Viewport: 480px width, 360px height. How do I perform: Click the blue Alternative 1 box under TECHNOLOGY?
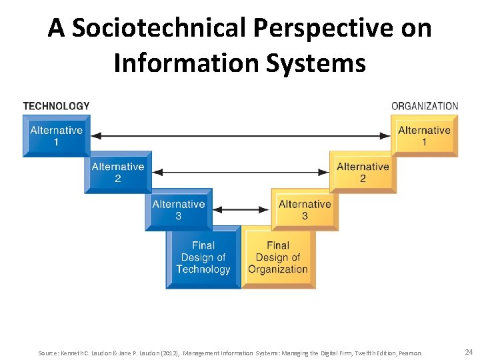click(x=56, y=136)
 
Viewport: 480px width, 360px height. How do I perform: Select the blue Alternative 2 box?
click(x=117, y=172)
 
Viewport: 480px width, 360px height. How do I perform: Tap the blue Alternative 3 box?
click(x=178, y=210)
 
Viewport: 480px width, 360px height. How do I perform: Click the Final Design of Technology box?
click(x=203, y=257)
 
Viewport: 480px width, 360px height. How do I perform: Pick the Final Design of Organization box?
click(x=278, y=257)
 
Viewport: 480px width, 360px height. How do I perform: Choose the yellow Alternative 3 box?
click(x=305, y=210)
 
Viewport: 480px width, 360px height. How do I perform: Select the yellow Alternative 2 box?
click(x=363, y=172)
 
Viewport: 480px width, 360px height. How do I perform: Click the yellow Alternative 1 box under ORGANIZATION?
click(x=424, y=136)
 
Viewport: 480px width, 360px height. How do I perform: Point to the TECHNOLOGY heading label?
click(x=56, y=106)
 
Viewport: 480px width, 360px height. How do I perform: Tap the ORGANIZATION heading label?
click(x=425, y=106)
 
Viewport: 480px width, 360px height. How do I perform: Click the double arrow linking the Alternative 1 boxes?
click(x=240, y=136)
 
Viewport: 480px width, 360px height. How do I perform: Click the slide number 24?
click(x=469, y=351)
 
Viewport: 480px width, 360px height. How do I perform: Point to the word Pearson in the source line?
click(x=410, y=352)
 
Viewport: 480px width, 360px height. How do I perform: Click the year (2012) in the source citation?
click(x=171, y=352)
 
